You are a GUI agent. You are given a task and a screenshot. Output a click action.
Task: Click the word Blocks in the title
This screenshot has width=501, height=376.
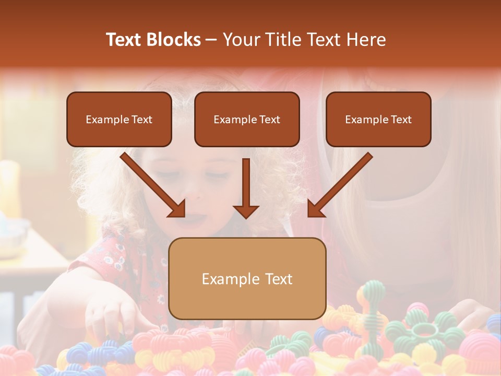[175, 40]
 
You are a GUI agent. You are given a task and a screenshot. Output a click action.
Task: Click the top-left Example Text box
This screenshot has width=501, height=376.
[119, 120]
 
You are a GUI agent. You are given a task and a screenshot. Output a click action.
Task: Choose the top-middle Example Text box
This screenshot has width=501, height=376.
[247, 120]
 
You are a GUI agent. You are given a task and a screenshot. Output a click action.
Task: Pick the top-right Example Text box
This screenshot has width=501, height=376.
[378, 120]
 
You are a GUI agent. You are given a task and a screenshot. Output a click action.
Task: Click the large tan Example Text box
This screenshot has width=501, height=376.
[247, 278]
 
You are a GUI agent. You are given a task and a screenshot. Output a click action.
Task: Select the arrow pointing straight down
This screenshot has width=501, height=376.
[246, 188]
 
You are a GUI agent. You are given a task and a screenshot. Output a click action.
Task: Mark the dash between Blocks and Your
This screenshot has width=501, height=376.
[211, 40]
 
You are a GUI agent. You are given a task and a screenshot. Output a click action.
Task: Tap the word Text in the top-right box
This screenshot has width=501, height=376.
[401, 120]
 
